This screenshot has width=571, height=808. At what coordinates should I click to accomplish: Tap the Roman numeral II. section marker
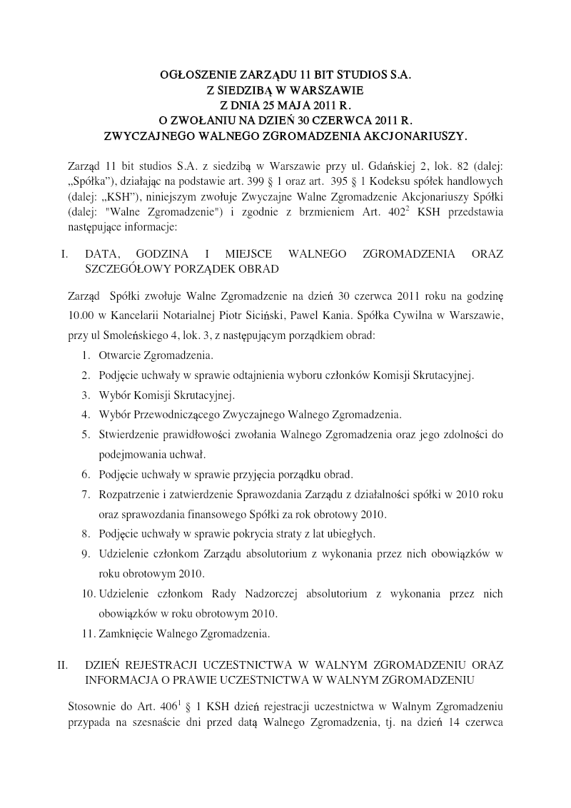[63, 665]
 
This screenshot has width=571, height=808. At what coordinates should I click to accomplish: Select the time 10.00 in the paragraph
[81, 315]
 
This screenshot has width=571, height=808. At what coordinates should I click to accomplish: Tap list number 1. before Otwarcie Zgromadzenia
[85, 355]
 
